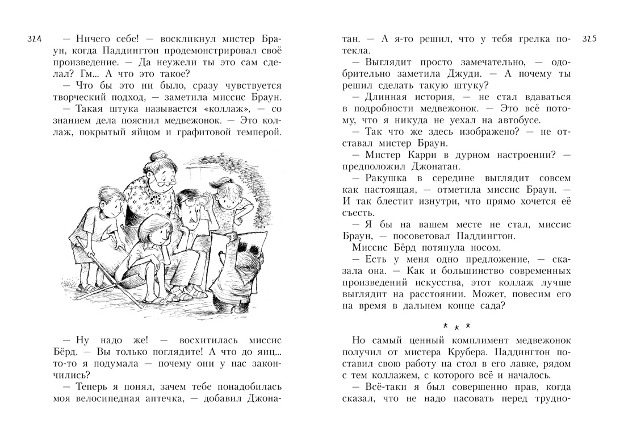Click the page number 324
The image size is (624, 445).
point(35,39)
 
